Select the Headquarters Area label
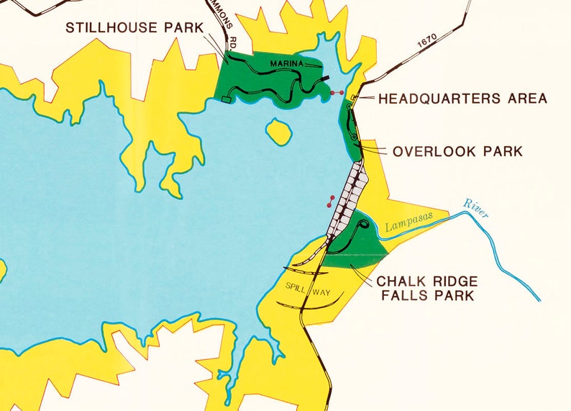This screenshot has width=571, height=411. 462,99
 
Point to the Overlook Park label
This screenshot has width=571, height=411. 457,152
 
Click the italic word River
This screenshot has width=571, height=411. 476,206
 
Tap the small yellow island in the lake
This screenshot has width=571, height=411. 278,131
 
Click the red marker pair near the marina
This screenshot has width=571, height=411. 335,93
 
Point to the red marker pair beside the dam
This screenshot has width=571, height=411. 331,201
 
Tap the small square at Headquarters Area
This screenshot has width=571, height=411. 352,98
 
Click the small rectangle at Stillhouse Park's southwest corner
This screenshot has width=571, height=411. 228,100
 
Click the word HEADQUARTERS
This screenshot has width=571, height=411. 432,99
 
